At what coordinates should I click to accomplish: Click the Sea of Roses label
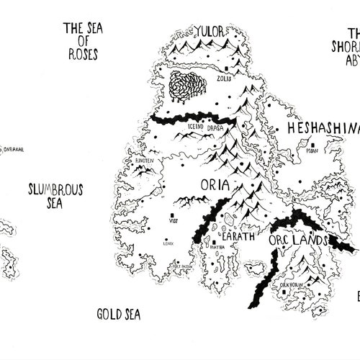[x=81, y=40]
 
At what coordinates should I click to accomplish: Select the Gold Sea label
[x=118, y=315]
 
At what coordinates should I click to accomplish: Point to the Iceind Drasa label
[x=206, y=127]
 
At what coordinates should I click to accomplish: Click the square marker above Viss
[x=172, y=215]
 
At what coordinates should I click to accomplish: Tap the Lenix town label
[x=168, y=244]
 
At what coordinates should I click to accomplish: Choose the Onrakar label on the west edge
[x=13, y=150]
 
